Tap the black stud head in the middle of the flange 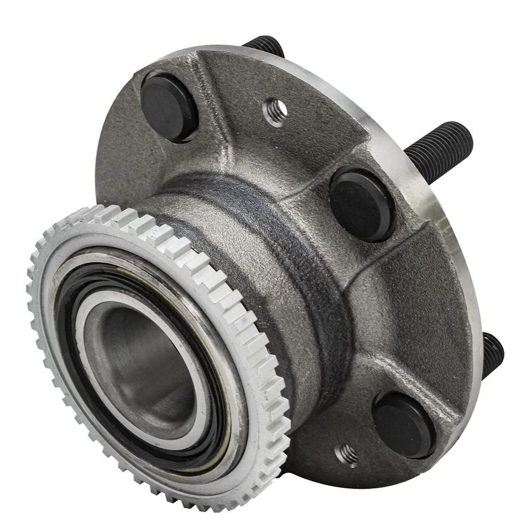point(362,204)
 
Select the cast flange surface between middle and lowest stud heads point(420,310)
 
